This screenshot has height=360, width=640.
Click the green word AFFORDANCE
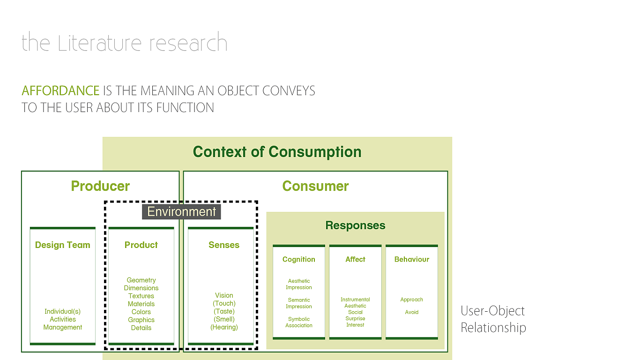pos(60,90)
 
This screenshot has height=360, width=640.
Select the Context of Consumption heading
pos(277,152)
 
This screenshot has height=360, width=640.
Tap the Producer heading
pos(100,186)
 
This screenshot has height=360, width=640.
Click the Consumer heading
pos(315,186)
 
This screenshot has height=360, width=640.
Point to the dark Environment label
pos(181,211)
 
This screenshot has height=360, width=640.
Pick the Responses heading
pos(355,225)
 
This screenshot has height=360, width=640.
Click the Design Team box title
pos(62,245)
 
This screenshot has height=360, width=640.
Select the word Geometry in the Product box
pos(141,280)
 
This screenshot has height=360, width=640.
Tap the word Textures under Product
pos(141,296)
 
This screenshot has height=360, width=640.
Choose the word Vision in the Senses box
pos(224,295)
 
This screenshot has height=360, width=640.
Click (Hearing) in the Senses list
pos(224,327)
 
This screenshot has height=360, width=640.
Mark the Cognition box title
pos(298,259)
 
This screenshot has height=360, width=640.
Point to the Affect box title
pos(355,259)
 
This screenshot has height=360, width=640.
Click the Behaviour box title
pos(411,259)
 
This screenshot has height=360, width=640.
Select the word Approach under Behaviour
pos(411,300)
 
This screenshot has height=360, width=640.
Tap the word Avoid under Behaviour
pos(411,312)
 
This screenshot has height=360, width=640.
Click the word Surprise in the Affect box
pos(355,319)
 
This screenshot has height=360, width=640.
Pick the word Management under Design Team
pos(63,328)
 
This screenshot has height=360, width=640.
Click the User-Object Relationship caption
pos(493,319)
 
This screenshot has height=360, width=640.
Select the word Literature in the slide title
pos(101,43)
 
